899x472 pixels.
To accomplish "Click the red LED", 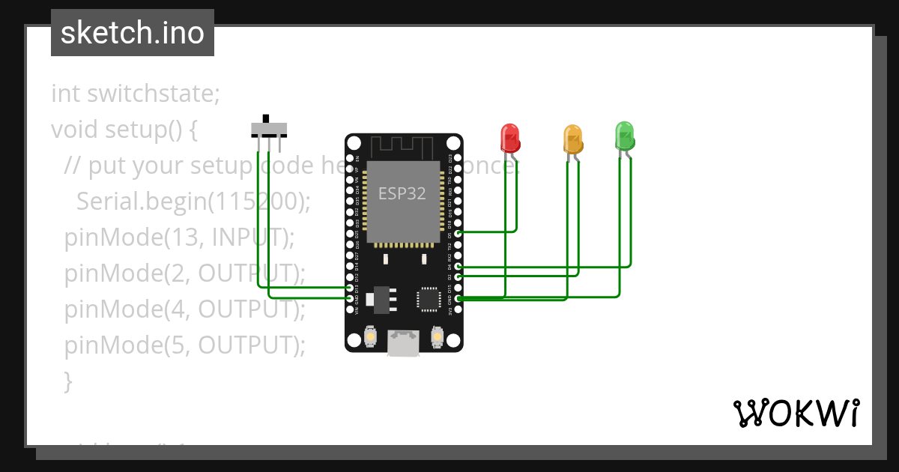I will [509, 138].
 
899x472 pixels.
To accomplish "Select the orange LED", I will [572, 139].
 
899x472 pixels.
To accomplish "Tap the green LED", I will [625, 136].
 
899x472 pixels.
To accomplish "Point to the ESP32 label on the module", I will [402, 193].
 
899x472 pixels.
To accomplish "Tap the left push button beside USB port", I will [370, 339].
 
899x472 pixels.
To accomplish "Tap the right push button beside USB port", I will [438, 339].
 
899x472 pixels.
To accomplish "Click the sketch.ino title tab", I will [133, 33].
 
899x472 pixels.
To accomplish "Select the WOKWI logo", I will [796, 413].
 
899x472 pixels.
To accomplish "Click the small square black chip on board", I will [429, 299].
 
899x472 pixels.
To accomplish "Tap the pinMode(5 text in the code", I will [124, 345].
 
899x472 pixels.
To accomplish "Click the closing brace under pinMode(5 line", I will [68, 381].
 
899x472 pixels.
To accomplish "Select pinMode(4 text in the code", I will [124, 309].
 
